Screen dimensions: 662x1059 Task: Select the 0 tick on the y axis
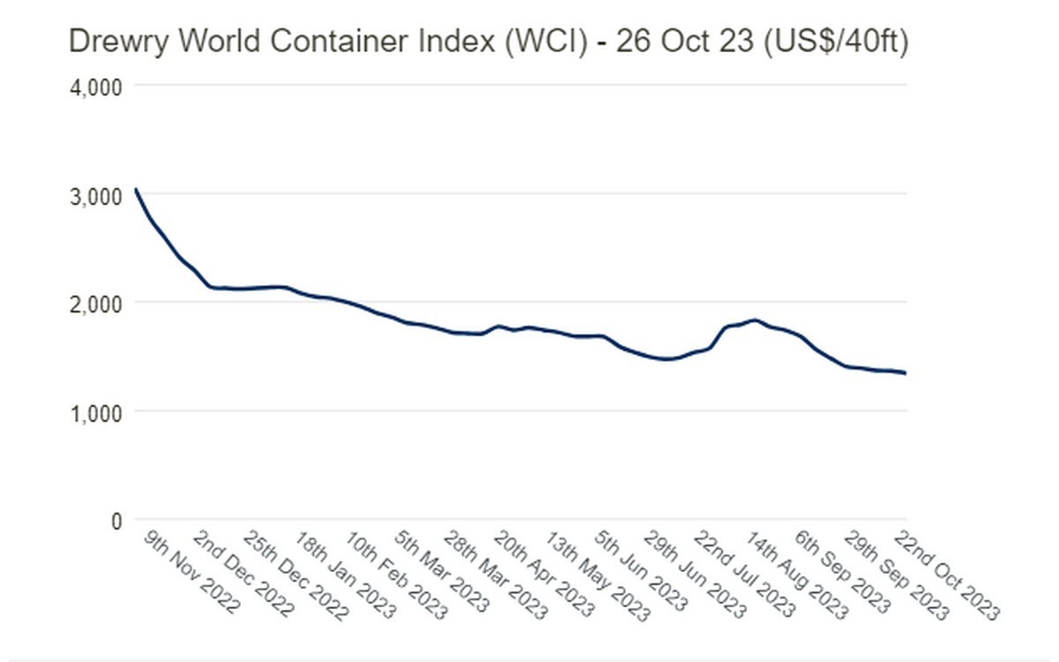[116, 521]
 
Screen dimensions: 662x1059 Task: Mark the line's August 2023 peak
[755, 320]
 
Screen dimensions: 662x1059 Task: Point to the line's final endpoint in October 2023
[905, 373]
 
